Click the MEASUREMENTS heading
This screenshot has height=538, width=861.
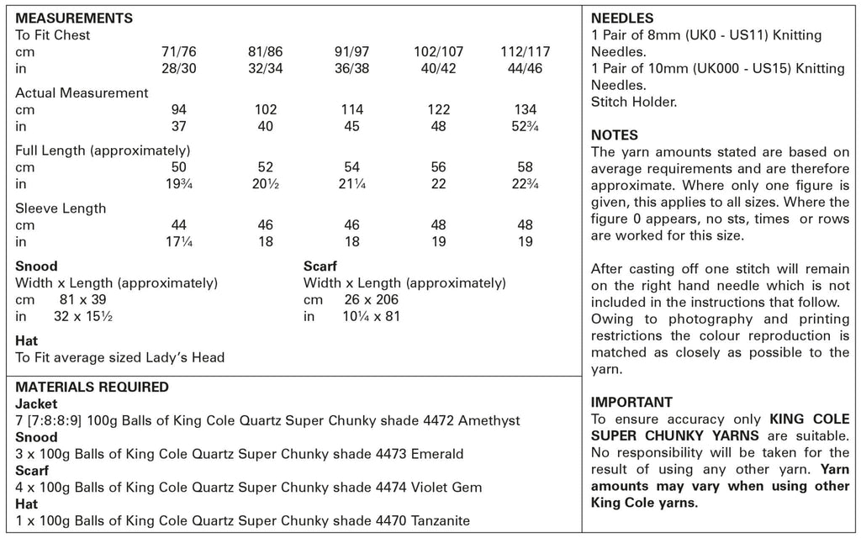pyautogui.click(x=74, y=18)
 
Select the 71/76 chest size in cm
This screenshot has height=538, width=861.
pyautogui.click(x=178, y=52)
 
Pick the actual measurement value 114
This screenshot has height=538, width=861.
pyautogui.click(x=351, y=110)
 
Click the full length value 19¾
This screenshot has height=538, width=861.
pyautogui.click(x=178, y=184)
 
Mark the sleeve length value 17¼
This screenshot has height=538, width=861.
pyautogui.click(x=178, y=242)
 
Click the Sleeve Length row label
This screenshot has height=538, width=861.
pyautogui.click(x=61, y=208)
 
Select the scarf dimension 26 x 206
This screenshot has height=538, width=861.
pyautogui.click(x=372, y=300)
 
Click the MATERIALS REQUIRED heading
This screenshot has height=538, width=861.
pyautogui.click(x=92, y=388)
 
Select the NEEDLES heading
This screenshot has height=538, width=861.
pyautogui.click(x=622, y=18)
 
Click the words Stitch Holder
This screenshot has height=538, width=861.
pyautogui.click(x=634, y=102)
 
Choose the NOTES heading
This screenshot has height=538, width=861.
pyautogui.click(x=615, y=135)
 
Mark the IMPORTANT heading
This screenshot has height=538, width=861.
pyautogui.click(x=631, y=402)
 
